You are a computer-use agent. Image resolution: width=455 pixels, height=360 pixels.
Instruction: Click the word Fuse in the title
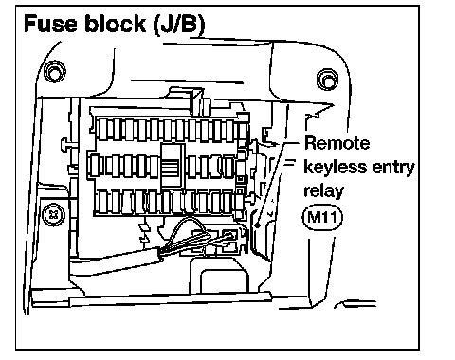coord(50,24)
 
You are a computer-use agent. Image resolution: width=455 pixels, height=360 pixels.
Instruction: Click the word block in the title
coord(115,23)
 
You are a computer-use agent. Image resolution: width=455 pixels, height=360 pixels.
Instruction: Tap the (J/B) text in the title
coord(178,25)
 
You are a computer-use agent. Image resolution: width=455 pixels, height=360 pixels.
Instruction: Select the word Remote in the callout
coord(337,143)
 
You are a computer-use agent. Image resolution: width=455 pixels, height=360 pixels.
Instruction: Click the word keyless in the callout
coord(336,168)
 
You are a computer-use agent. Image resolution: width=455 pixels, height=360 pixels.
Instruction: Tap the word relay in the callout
coord(323,191)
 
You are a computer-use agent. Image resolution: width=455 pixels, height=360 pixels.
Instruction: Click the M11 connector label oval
coord(322,217)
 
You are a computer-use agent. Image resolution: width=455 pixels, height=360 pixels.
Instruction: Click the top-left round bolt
coord(55,71)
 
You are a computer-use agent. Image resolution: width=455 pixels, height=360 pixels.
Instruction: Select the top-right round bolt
coord(327,80)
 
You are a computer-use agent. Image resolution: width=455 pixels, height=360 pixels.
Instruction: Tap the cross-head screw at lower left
coord(53,214)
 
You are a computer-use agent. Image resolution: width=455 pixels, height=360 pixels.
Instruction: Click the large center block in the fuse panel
coord(173,165)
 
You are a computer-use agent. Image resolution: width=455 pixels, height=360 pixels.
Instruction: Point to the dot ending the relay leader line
coord(258,225)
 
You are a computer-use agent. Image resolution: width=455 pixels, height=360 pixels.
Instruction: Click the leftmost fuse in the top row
coord(101,130)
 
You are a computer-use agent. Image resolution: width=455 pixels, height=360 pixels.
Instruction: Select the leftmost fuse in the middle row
coord(93,166)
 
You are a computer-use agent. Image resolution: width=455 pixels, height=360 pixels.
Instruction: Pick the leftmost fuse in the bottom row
coord(101,202)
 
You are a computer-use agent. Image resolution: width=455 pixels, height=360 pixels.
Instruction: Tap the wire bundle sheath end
coord(158,254)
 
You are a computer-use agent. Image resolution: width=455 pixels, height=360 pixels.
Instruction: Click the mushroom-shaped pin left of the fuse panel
coord(65,144)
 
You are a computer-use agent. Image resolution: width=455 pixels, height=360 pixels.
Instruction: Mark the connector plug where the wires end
coord(229,241)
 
